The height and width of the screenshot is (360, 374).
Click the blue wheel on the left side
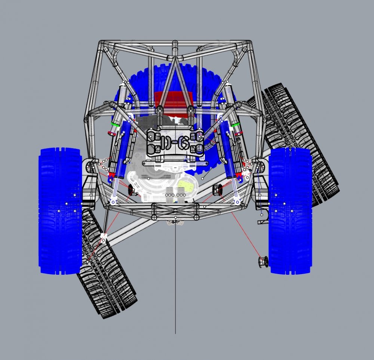coord(60,211)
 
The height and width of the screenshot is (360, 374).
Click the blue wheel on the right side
coord(290,211)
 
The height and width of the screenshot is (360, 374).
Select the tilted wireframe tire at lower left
coord(107,277)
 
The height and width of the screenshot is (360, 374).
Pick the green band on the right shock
coord(235,125)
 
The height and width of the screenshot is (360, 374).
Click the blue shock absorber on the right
coord(229,150)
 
